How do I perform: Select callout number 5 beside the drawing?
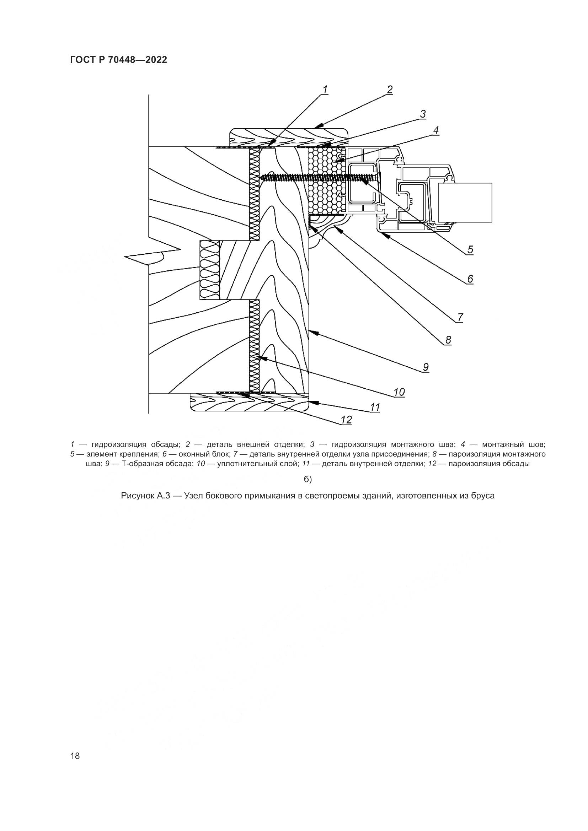(x=470, y=249)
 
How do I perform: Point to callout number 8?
(x=448, y=340)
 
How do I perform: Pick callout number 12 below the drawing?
(x=346, y=420)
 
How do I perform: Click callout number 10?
(x=399, y=392)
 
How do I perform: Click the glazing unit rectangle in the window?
(x=465, y=202)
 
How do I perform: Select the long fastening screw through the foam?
(x=319, y=177)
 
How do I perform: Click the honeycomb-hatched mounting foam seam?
(x=326, y=181)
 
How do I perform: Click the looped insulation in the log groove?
(x=210, y=270)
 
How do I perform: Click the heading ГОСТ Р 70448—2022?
(x=119, y=60)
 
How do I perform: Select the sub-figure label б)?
(x=308, y=480)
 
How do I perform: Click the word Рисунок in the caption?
(x=138, y=496)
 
